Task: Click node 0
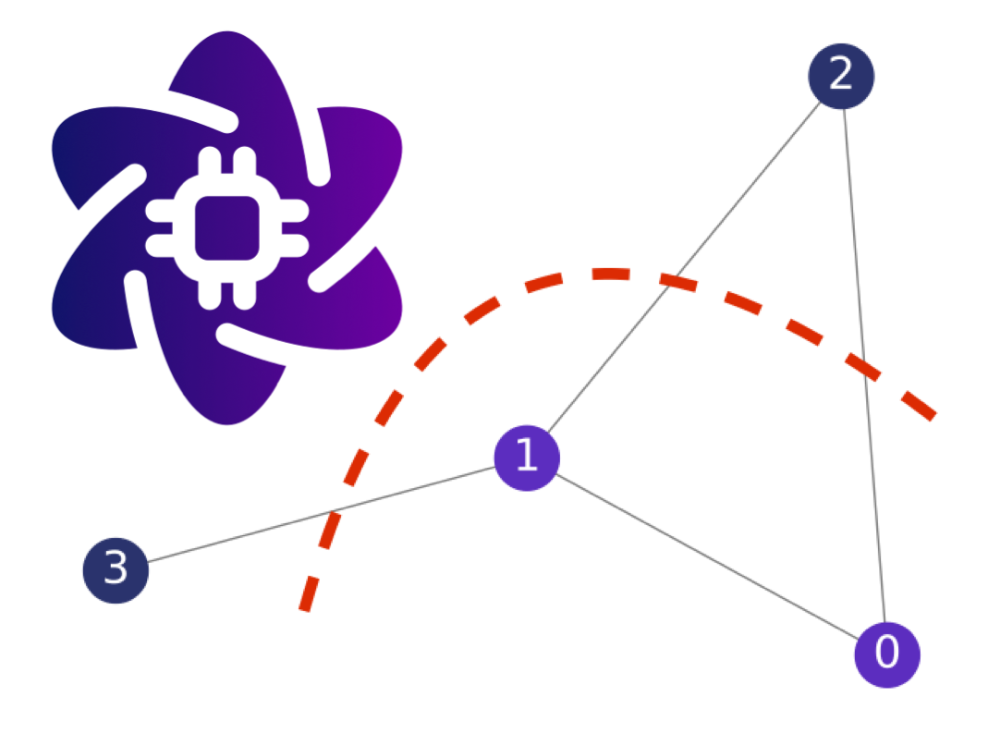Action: coord(887,654)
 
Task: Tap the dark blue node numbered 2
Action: coord(841,76)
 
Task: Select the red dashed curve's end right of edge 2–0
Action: coord(934,416)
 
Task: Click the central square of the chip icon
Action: coord(226,227)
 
